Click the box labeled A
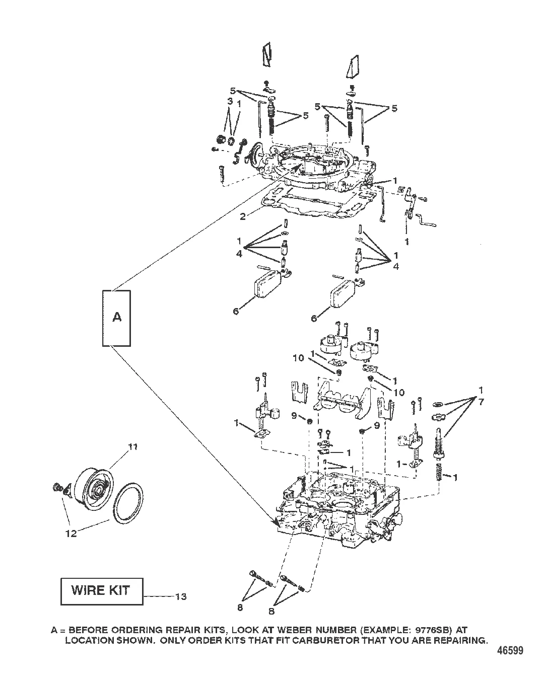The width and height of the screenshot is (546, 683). pyautogui.click(x=116, y=318)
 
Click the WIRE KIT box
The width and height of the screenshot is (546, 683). pyautogui.click(x=102, y=590)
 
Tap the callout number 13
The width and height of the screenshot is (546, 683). pyautogui.click(x=181, y=597)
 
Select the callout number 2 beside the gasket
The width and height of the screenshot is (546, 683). pyautogui.click(x=243, y=216)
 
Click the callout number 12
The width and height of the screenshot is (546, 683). pyautogui.click(x=71, y=534)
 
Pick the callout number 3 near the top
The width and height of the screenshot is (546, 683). pyautogui.click(x=229, y=102)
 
